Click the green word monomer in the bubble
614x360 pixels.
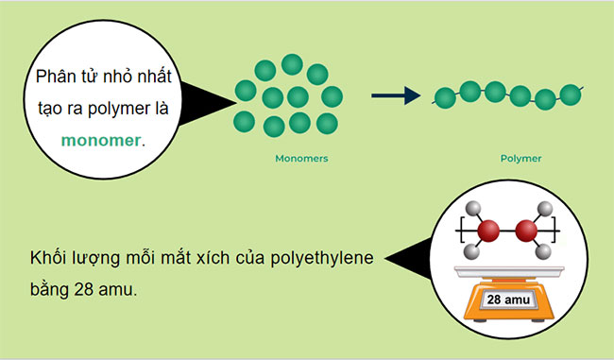tap(100, 141)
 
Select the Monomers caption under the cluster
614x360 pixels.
tap(301, 159)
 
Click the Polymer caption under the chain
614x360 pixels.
tap(520, 159)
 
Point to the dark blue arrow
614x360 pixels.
tap(395, 95)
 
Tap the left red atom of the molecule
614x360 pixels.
tap(488, 230)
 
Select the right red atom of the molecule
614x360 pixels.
tap(526, 230)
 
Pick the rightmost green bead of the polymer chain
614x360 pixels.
tap(570, 94)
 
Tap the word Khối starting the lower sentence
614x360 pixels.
tap(47, 258)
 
